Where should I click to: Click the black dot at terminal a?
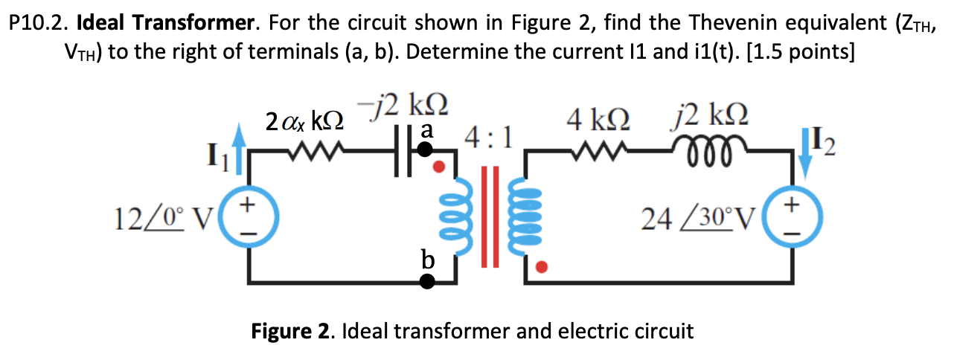pos(424,150)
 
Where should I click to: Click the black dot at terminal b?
pos(426,281)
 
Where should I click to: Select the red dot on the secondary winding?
pos(542,266)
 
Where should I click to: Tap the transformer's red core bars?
pos(488,216)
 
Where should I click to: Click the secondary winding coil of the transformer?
pos(524,216)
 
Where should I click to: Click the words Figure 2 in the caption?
pos(293,331)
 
